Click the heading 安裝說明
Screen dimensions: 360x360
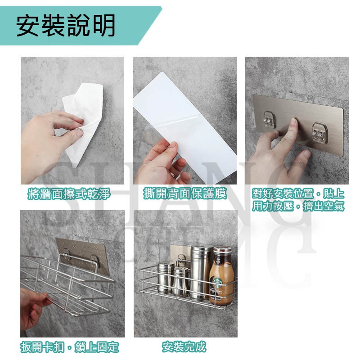click(x=66, y=26)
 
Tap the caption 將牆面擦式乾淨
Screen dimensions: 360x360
click(x=69, y=194)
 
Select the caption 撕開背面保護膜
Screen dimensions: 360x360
click(x=185, y=194)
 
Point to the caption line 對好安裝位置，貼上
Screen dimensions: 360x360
click(x=298, y=193)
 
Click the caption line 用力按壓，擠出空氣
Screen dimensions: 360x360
click(x=298, y=206)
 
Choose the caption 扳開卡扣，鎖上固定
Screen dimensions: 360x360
click(x=70, y=347)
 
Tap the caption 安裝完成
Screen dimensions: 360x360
click(x=184, y=347)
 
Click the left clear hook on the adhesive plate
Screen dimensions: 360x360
click(x=270, y=119)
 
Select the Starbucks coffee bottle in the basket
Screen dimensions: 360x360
click(x=221, y=275)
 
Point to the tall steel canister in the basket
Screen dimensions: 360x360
click(x=200, y=272)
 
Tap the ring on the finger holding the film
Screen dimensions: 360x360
click(x=172, y=175)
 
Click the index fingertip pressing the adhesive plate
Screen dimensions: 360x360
click(x=293, y=121)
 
